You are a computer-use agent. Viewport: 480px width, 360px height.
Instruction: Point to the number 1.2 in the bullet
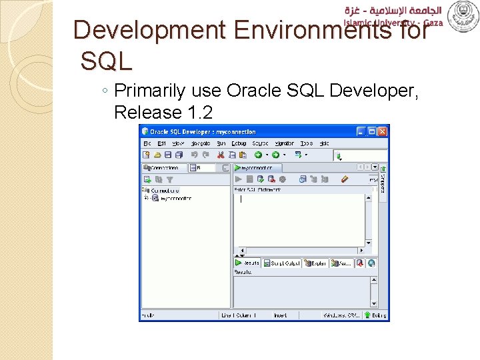click(200, 112)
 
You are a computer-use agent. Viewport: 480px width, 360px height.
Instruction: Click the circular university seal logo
click(463, 16)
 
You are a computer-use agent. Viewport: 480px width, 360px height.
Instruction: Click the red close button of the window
click(382, 131)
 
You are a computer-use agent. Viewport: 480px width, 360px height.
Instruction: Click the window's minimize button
click(361, 131)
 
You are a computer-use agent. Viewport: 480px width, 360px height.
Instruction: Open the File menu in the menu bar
click(147, 143)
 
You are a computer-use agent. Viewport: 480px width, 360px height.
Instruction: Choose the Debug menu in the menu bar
click(239, 143)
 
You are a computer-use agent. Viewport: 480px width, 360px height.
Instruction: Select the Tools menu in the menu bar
click(306, 143)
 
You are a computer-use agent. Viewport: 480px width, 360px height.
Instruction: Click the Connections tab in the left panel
click(163, 168)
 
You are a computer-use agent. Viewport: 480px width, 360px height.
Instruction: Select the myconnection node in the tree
click(175, 199)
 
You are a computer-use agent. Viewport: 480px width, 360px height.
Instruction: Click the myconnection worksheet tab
click(257, 168)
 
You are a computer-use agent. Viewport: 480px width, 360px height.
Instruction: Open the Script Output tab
click(282, 263)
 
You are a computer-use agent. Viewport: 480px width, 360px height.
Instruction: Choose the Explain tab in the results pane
click(315, 263)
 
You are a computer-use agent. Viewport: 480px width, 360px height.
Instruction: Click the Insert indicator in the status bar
click(280, 315)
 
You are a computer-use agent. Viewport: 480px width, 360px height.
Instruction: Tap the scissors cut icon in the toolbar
click(215, 155)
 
